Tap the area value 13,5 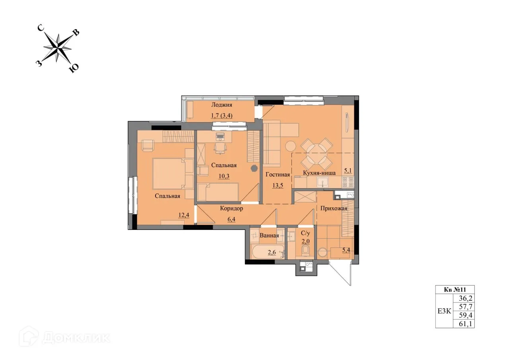(277, 185)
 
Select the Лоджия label (221, 105)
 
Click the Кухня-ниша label (319, 173)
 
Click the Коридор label (231, 208)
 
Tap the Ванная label (269, 235)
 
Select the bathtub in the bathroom (268, 252)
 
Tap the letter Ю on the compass (74, 68)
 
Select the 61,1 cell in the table (464, 324)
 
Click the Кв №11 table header (455, 290)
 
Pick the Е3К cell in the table (444, 311)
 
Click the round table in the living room (290, 146)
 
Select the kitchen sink (323, 182)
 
